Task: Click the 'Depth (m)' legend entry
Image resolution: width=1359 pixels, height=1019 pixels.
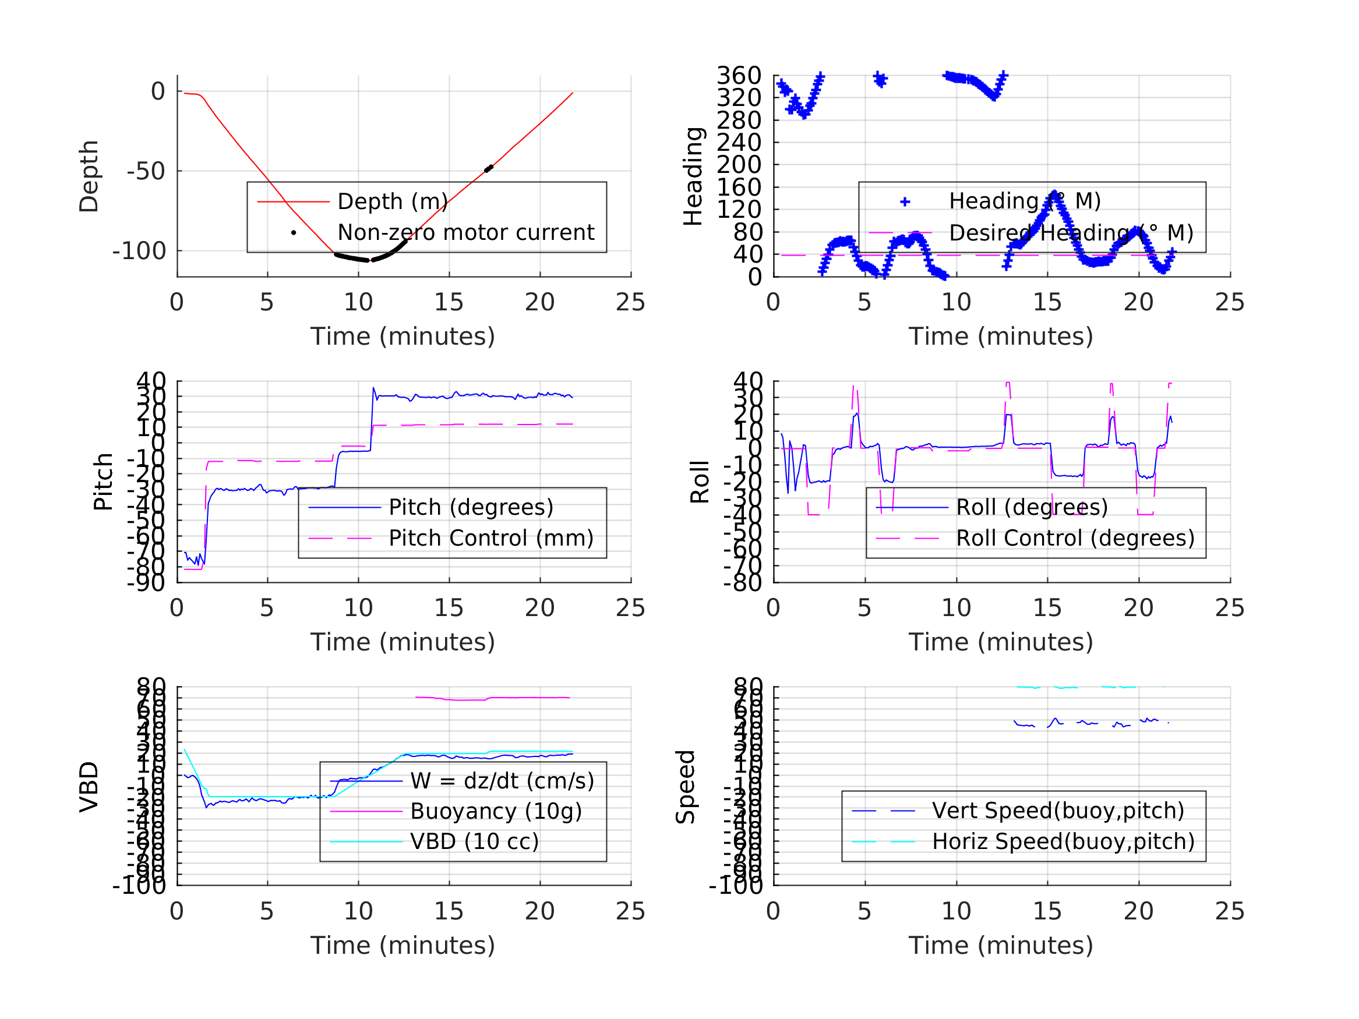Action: point(393,201)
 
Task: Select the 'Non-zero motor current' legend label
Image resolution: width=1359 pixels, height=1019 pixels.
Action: point(465,233)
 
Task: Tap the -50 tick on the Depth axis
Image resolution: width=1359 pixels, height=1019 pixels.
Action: point(146,171)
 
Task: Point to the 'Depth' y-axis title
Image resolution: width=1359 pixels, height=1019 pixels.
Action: point(89,176)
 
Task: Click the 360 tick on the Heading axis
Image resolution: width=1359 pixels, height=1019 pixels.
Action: point(739,76)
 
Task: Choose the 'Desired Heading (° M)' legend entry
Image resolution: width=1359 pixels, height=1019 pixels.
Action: point(1071,233)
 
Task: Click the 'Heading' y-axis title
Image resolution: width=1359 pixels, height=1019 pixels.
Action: point(693,176)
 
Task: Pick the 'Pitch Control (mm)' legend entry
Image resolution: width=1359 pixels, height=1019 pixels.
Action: point(491,539)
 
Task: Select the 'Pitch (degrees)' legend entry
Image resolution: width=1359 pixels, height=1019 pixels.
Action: point(471,508)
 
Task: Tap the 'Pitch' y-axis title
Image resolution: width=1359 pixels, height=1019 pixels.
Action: point(103,482)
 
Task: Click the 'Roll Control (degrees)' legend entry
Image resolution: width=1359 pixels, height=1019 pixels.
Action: point(1075,539)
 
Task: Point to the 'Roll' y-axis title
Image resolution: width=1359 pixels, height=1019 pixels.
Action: point(700,482)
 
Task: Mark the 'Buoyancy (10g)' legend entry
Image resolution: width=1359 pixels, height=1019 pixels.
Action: point(496,811)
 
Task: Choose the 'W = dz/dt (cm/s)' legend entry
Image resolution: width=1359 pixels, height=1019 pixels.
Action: point(502,781)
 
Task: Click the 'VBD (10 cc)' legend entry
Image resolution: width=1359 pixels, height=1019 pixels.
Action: point(474,841)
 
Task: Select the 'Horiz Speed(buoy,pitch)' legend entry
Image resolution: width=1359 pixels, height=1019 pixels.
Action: point(1063,841)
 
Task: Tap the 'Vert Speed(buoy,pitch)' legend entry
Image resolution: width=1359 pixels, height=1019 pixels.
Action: point(1058,811)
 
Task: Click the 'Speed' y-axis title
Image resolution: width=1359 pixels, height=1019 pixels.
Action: point(686,787)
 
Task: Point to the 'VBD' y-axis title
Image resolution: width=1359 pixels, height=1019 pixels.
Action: point(89,787)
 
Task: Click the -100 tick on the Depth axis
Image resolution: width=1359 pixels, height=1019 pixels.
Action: point(139,251)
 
